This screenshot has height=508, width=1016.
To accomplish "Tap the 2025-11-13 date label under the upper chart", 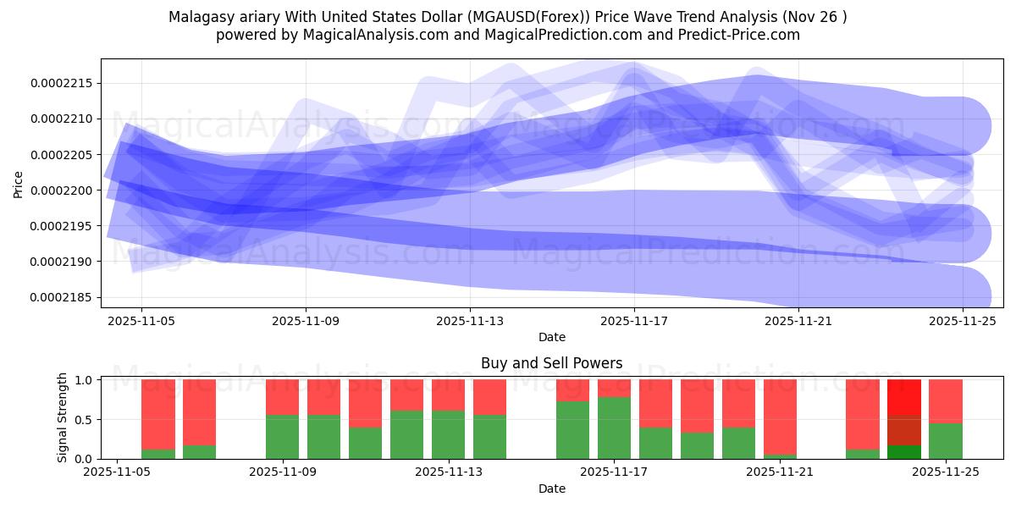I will coord(470,322).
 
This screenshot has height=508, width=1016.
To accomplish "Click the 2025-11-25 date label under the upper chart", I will coord(963,322).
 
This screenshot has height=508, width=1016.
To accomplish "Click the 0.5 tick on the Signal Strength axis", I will coord(84,420).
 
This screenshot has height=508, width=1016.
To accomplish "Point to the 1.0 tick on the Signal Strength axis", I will coord(84,380).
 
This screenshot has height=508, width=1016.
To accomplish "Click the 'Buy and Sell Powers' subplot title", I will coord(551,363).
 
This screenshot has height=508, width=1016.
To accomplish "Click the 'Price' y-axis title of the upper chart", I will coord(19,184).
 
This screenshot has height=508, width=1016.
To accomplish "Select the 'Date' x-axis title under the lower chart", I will coord(551,489).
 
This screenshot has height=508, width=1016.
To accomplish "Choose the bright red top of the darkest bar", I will coord(903,396).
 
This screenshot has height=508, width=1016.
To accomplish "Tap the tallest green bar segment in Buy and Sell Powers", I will coord(614,428).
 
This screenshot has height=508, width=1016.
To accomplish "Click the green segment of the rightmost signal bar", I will coord(945,441).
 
